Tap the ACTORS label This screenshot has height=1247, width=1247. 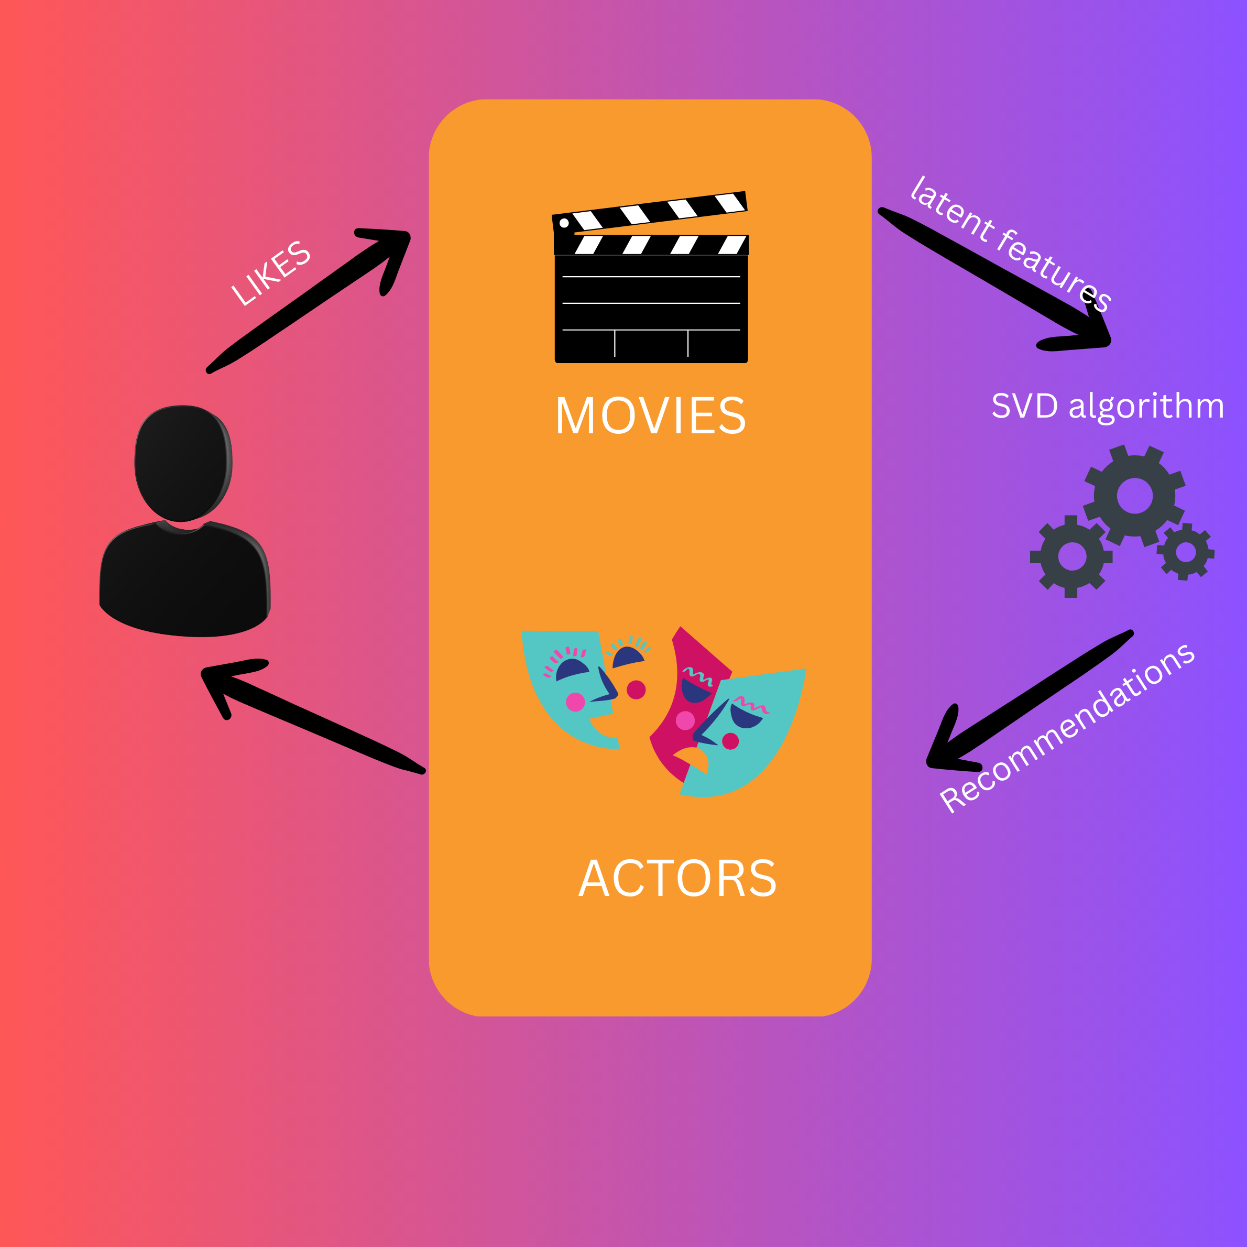tap(677, 879)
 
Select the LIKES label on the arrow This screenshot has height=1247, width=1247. tap(271, 272)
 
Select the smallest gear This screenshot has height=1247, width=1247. tap(1186, 552)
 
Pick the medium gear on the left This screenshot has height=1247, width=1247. tap(1072, 556)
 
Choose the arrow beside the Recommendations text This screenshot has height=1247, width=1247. tap(1026, 701)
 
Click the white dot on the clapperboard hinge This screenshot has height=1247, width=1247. tap(564, 223)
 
